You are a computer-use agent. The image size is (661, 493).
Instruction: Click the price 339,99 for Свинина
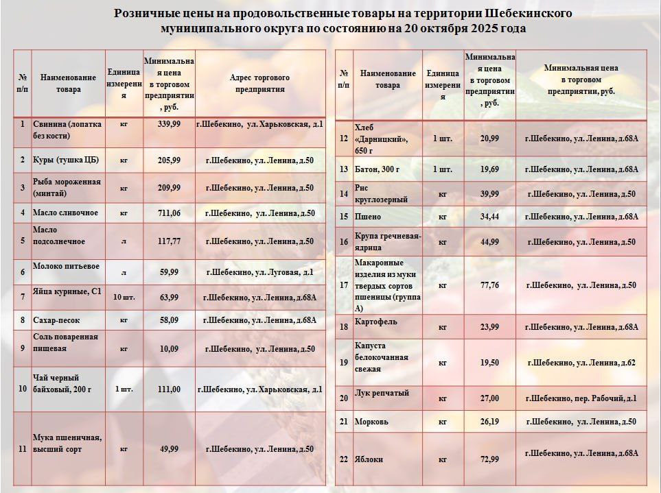[169, 124]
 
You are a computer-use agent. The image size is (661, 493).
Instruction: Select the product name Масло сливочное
[65, 213]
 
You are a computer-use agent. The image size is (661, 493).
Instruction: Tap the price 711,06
[169, 213]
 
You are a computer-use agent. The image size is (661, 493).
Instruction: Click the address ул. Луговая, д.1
[259, 272]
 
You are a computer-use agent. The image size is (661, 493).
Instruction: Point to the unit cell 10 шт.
[124, 297]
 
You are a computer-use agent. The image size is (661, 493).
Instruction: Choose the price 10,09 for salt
[169, 349]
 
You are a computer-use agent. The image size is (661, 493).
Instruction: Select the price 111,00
[169, 389]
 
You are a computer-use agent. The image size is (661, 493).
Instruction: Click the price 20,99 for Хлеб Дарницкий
[489, 139]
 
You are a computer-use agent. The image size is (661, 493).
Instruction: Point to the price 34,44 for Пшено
[489, 217]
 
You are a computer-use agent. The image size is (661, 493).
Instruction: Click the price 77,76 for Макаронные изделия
[489, 285]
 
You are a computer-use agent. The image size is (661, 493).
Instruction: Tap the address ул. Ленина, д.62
[581, 362]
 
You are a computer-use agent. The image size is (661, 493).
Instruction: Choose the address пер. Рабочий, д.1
[581, 398]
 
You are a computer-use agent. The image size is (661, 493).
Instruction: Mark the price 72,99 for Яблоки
[489, 459]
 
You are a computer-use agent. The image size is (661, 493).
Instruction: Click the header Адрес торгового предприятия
[259, 83]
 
